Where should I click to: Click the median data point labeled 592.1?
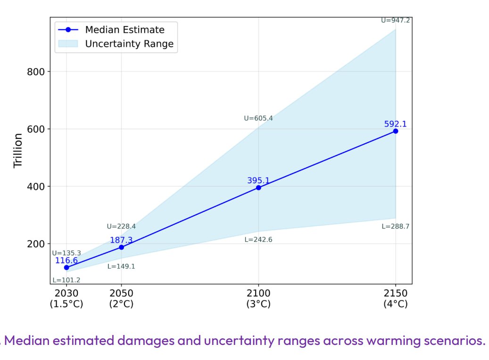395,131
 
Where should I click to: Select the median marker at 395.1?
258,188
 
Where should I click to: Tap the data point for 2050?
121,247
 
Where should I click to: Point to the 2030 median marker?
66,267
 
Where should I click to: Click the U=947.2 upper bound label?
395,20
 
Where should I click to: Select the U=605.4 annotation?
258,118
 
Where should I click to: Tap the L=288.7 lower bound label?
395,226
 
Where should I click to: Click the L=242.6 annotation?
258,240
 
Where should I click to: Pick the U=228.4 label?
121,226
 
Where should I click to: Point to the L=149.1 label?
121,266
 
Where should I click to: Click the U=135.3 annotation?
66,253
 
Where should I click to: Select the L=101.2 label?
66,280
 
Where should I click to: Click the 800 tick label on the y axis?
35,72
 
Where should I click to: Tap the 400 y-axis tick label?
35,187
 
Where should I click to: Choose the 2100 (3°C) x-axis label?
258,299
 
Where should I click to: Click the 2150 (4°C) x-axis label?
395,299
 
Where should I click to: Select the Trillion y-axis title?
18,151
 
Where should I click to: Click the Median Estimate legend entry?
124,30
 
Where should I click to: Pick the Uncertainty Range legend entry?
129,44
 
